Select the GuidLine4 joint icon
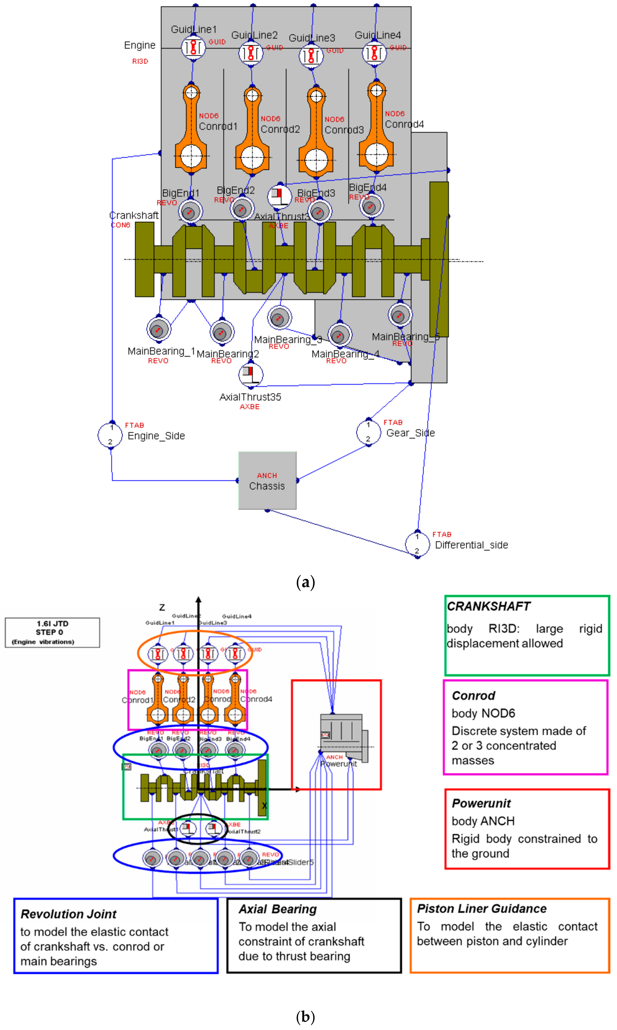point(375,53)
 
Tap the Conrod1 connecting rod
point(191,129)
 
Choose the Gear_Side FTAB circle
point(368,432)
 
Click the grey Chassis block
point(267,480)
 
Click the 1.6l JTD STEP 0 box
point(52,632)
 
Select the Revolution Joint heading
point(69,914)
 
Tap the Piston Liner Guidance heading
point(481,909)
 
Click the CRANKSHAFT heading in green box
point(488,606)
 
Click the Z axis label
point(162,607)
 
